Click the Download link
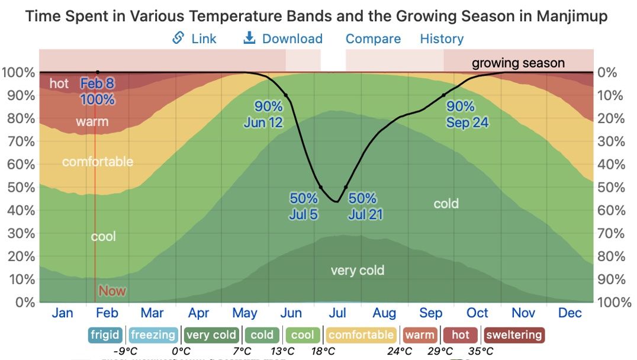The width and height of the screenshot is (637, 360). coord(284,39)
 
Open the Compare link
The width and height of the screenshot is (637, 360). coord(373,39)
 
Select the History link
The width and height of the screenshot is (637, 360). coord(442,39)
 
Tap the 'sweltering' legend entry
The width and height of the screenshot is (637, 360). coord(514,335)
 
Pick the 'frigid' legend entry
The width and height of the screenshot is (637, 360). coord(105,335)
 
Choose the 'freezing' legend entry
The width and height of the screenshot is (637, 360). coord(153,335)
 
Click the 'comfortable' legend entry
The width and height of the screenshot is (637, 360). coord(361,335)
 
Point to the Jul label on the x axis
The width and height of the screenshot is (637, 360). coord(337,313)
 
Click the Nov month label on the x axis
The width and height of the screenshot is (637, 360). coord(523,313)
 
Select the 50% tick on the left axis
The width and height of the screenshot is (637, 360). coord(18,187)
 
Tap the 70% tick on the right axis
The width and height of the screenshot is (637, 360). coord(611,233)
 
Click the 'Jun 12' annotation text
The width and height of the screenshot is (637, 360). coord(263,123)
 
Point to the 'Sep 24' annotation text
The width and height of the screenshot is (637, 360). coord(468,123)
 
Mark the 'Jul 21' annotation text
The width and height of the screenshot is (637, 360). coord(365,214)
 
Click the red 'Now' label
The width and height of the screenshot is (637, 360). coord(112,291)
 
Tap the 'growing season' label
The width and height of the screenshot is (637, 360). coord(518,63)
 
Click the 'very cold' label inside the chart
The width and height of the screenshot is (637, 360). coord(358,271)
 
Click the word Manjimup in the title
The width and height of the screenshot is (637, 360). coord(572,16)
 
